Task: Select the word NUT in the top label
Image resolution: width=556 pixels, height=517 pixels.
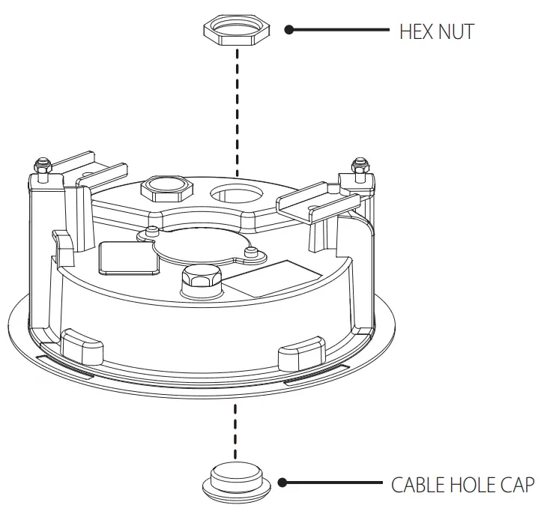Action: [456, 31]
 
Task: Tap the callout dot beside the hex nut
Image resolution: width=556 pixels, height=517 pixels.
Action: [289, 30]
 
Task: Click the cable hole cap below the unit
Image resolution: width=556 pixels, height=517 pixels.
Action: [235, 481]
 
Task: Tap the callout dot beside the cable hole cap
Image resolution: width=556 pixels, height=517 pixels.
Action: [283, 483]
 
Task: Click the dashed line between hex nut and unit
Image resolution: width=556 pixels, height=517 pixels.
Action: [237, 112]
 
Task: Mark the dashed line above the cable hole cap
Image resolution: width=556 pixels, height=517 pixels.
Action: [236, 427]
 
